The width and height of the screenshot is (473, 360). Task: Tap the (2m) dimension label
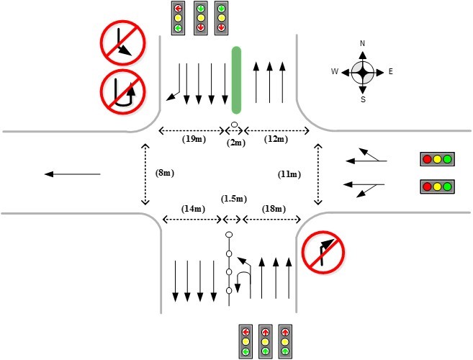click(x=235, y=143)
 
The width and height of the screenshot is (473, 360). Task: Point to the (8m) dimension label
click(x=165, y=173)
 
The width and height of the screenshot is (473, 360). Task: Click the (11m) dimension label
click(x=290, y=174)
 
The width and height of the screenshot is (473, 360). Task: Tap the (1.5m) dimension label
click(x=233, y=199)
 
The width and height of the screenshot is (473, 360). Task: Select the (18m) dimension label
click(x=272, y=208)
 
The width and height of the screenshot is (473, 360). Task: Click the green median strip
click(x=235, y=80)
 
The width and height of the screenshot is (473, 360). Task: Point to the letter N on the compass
click(x=363, y=43)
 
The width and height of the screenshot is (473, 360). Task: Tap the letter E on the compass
click(x=391, y=71)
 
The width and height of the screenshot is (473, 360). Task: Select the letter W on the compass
click(x=335, y=71)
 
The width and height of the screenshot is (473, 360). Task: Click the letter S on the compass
click(x=363, y=99)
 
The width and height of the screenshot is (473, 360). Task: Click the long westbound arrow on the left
click(x=71, y=174)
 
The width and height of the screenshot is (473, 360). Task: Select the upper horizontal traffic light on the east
click(x=437, y=159)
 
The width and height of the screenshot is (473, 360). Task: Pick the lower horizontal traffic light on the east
click(x=437, y=187)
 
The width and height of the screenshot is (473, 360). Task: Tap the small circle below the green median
click(x=235, y=125)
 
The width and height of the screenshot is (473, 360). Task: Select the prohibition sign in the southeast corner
click(x=323, y=252)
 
